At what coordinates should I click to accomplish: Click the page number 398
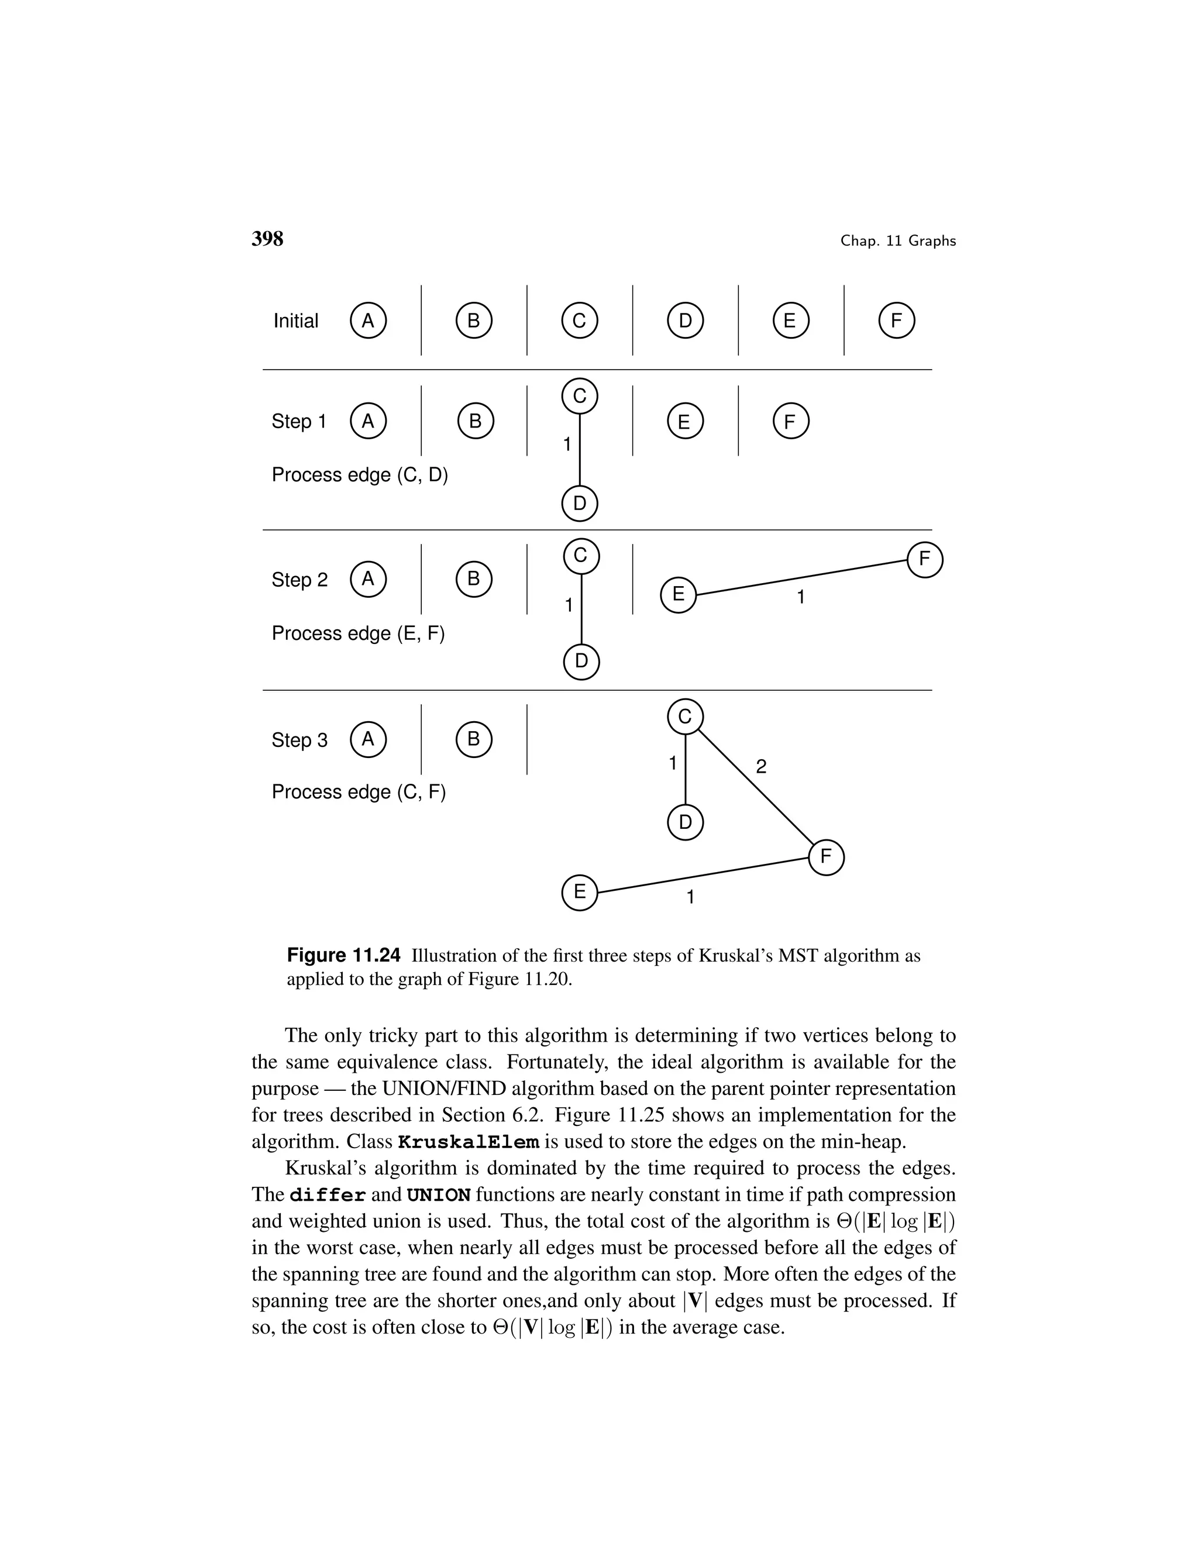point(267,239)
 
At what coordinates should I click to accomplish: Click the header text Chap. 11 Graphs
point(898,242)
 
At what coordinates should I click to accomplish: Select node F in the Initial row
point(896,321)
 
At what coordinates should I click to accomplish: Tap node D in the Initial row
point(685,321)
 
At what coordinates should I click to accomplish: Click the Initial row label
point(295,321)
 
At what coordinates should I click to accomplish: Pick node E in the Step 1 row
point(685,422)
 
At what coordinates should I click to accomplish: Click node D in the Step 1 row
point(579,504)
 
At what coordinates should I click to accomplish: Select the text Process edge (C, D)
point(360,475)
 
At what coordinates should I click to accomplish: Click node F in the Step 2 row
point(924,560)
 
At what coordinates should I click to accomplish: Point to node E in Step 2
point(679,595)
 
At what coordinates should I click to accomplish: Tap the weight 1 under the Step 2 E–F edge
point(801,598)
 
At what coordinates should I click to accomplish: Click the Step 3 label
point(299,740)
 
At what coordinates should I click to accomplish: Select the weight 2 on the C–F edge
point(761,766)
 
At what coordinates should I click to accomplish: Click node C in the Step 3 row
point(685,717)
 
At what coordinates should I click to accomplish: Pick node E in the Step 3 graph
point(579,892)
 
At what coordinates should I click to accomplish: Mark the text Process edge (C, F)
point(359,792)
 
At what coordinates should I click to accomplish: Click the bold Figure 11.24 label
point(343,955)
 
